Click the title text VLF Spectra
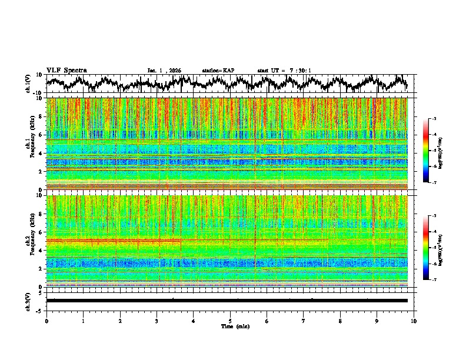[x=66, y=71]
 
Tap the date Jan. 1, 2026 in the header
[x=164, y=71]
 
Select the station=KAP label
[x=218, y=71]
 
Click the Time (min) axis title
[x=234, y=326]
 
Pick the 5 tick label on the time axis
[x=230, y=321]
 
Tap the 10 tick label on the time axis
[x=414, y=321]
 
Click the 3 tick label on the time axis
[x=157, y=321]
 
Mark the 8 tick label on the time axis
[x=340, y=321]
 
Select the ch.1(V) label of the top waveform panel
[x=28, y=84]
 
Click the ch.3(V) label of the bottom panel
[x=28, y=301]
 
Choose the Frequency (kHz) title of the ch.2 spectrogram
[x=33, y=241]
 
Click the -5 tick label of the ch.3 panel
[x=41, y=309]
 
